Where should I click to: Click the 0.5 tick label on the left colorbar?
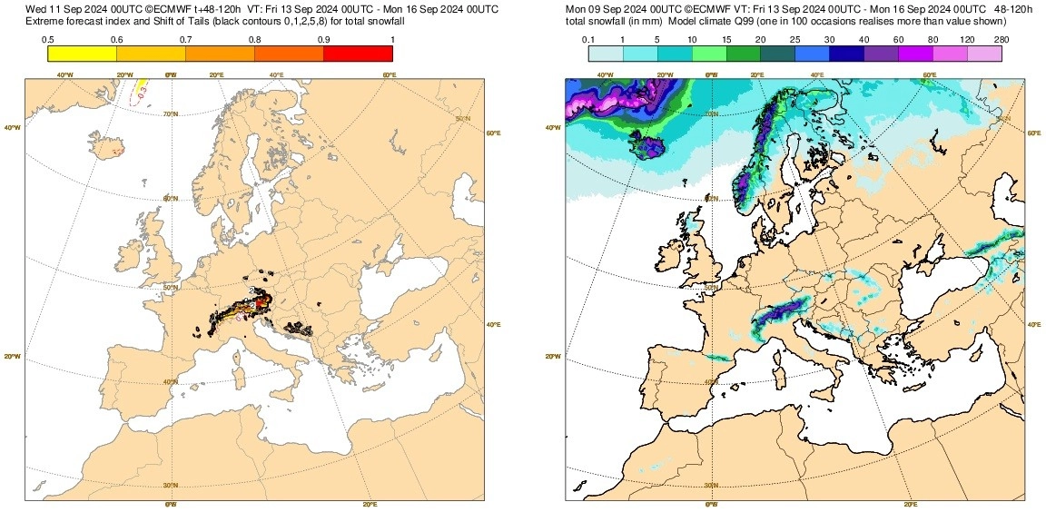click(x=48, y=39)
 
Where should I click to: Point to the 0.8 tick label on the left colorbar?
click(x=255, y=39)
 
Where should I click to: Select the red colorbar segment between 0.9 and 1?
click(x=358, y=54)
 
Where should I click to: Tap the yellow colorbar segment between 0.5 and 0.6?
click(x=82, y=54)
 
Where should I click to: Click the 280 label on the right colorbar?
click(x=1002, y=39)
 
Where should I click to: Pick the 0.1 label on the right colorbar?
click(x=588, y=39)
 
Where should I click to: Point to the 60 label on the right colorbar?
click(x=898, y=39)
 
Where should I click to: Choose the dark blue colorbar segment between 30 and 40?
click(x=846, y=54)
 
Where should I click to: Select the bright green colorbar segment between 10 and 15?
click(x=709, y=54)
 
